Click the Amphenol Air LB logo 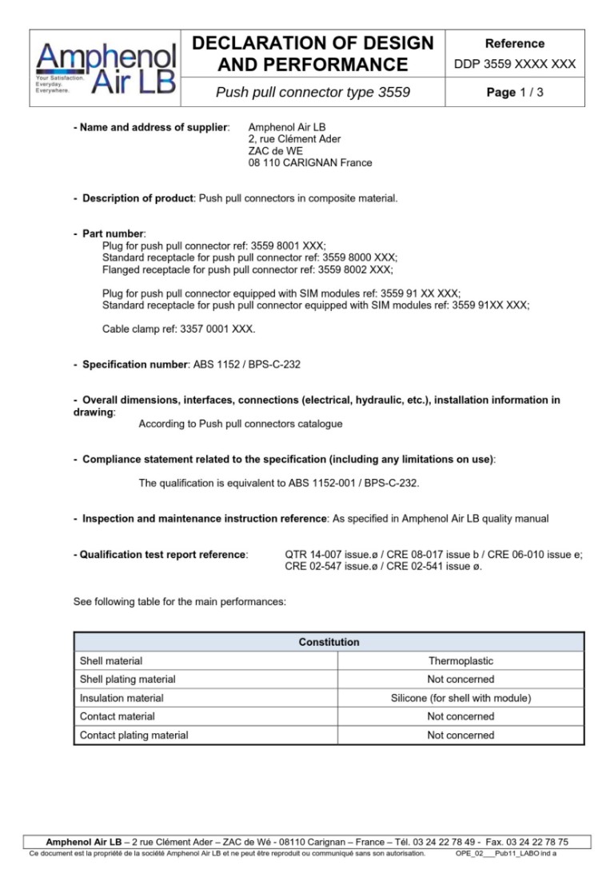(106, 68)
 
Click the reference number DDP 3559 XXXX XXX (515, 64)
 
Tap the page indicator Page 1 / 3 (515, 93)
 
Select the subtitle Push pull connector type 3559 (313, 93)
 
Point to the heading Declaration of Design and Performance (313, 54)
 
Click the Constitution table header (329, 642)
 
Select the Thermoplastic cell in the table (460, 661)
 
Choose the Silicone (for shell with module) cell (460, 698)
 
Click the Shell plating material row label (128, 680)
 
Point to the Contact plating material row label (134, 735)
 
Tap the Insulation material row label (122, 698)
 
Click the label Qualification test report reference (160, 553)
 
